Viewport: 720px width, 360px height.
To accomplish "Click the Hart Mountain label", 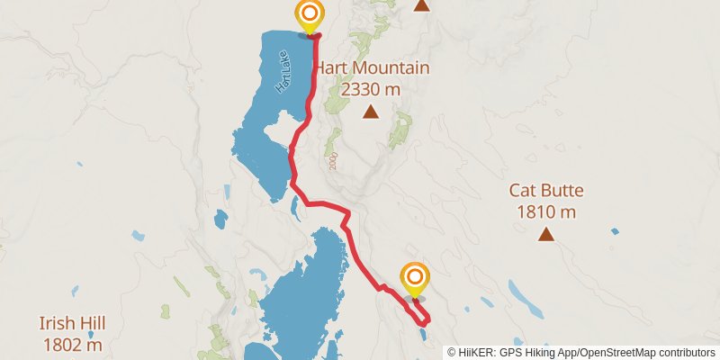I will pos(372,68).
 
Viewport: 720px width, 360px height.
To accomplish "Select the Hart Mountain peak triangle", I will pos(370,112).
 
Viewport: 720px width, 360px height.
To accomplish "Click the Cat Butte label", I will pos(546,191).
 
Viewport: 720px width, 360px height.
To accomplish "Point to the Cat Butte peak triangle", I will pos(545,235).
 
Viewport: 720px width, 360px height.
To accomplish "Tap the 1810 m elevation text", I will pos(546,212).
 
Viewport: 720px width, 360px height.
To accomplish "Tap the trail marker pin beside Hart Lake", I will pos(310,15).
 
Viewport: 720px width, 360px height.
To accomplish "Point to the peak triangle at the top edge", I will pos(420,5).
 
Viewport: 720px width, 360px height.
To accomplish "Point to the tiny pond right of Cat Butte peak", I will pos(615,231).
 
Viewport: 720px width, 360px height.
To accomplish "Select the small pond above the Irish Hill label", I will pos(76,291).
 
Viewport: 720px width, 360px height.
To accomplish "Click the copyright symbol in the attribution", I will pos(452,352).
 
